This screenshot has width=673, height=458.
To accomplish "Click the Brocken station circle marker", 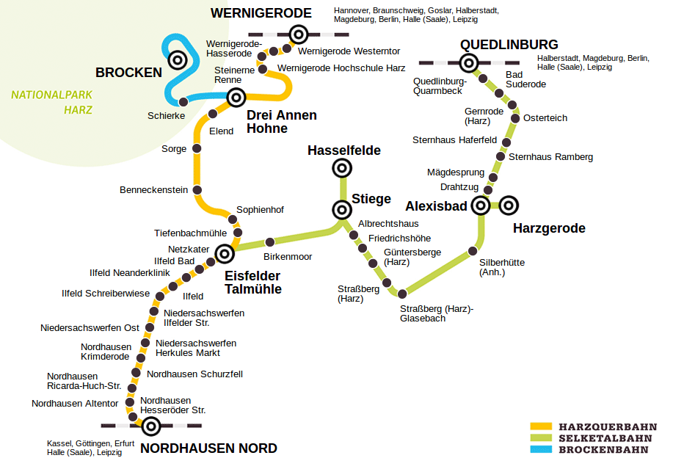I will (x=177, y=59).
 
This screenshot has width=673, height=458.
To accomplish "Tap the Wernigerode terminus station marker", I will (x=298, y=34).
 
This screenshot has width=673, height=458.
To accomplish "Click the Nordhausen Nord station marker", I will (x=151, y=426).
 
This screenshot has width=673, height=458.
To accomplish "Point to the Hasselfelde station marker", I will (x=341, y=169).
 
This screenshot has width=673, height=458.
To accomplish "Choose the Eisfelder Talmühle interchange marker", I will (x=224, y=254).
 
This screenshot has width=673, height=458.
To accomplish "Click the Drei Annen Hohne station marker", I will (x=236, y=97).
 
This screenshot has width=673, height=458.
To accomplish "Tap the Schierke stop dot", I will (x=183, y=101).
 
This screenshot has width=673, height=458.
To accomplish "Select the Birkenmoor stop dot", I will (x=269, y=241).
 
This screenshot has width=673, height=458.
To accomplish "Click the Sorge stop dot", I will (x=196, y=148).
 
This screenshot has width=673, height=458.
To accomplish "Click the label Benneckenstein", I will (x=154, y=190).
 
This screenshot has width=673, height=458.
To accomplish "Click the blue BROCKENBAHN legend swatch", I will (x=540, y=448).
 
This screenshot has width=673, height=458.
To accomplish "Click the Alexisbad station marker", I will (x=481, y=206).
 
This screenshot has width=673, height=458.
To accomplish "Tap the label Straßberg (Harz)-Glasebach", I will (x=437, y=313).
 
